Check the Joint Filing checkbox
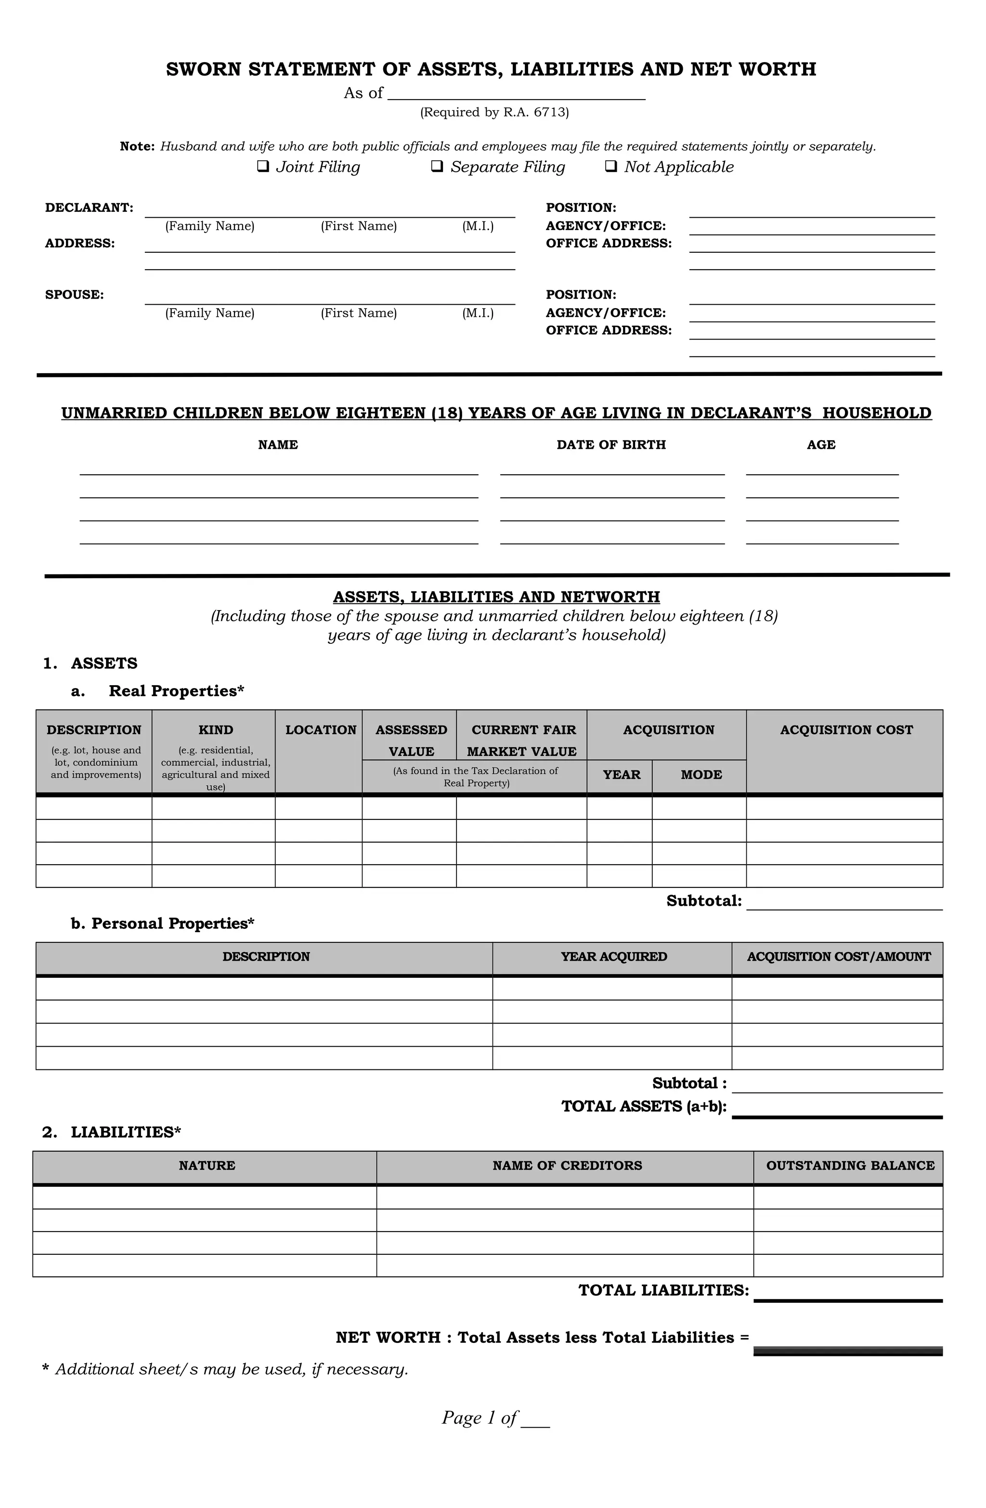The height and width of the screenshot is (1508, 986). pyautogui.click(x=263, y=167)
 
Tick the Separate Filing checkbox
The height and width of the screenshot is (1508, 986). pyautogui.click(x=437, y=167)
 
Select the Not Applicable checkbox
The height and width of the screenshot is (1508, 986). pyautogui.click(x=611, y=167)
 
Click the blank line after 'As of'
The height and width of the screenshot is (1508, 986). pyautogui.click(x=516, y=94)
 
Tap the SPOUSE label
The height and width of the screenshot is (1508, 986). pyautogui.click(x=74, y=295)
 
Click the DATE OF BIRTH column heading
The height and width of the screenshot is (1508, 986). pyautogui.click(x=611, y=445)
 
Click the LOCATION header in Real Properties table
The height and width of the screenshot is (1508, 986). pyautogui.click(x=321, y=730)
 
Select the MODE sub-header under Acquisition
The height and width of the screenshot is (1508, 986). pyautogui.click(x=701, y=775)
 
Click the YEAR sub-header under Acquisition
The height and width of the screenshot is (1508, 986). pyautogui.click(x=621, y=775)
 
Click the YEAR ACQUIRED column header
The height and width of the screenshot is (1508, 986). pyautogui.click(x=613, y=957)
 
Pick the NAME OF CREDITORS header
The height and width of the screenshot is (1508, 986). pyautogui.click(x=567, y=1166)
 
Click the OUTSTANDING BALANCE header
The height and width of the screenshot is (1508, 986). pyautogui.click(x=850, y=1166)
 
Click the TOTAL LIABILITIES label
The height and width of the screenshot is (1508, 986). pyautogui.click(x=663, y=1291)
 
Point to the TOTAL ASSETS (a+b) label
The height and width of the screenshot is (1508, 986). pyautogui.click(x=643, y=1106)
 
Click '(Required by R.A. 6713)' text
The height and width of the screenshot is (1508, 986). pyautogui.click(x=494, y=113)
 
